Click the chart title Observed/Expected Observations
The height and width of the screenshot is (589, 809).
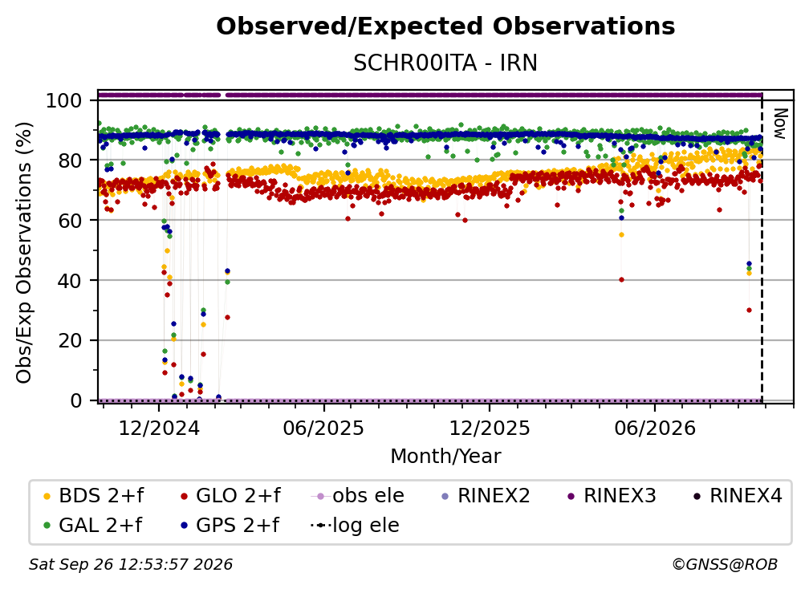(445, 26)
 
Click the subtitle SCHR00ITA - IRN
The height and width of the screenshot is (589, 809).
(445, 63)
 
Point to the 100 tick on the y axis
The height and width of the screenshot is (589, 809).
(64, 100)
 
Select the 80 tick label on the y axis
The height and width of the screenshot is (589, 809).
(70, 160)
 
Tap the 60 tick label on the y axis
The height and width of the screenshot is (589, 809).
(70, 221)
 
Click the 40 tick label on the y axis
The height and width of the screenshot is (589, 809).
(70, 281)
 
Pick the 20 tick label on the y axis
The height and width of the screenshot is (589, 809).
(70, 341)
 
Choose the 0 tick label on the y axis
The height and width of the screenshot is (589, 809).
(76, 400)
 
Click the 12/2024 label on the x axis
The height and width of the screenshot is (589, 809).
(159, 428)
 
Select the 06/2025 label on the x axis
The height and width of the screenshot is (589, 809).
(323, 428)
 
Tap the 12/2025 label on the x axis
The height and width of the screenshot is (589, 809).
(490, 428)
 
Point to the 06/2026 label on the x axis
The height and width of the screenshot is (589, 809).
(655, 428)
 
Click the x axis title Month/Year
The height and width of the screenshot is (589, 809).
(445, 457)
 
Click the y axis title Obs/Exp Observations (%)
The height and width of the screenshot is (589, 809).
(24, 252)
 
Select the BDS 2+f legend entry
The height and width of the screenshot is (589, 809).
(93, 496)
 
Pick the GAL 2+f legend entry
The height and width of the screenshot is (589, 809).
(92, 526)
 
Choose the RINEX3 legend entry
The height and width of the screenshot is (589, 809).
(612, 496)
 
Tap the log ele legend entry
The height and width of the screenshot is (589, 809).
(355, 526)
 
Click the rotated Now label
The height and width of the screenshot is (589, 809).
(779, 124)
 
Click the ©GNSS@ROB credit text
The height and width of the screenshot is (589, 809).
(725, 565)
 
